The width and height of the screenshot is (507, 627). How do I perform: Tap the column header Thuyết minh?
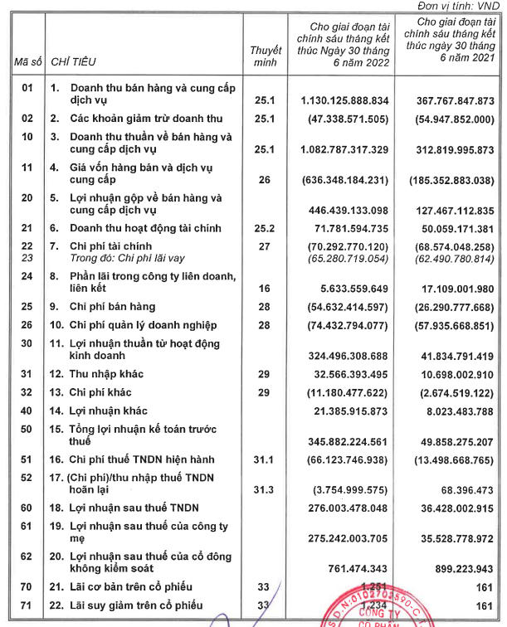pos(266,56)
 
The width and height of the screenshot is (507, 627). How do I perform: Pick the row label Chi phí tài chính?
pos(105,246)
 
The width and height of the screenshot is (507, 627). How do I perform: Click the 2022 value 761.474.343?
pos(344,568)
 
